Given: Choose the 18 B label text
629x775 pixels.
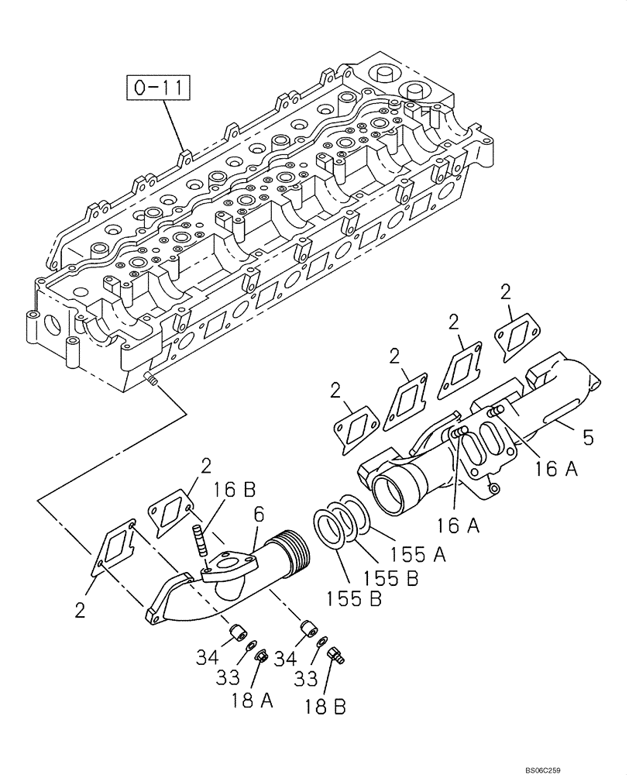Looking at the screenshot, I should pyautogui.click(x=325, y=706).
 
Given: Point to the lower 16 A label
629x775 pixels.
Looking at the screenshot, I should pyautogui.click(x=458, y=526).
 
